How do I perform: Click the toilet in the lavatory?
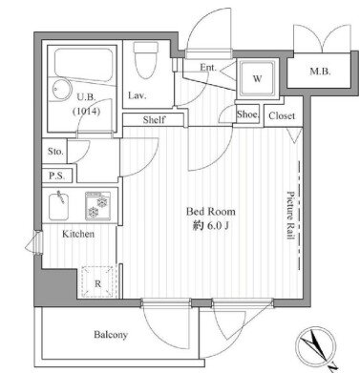coord(146,60)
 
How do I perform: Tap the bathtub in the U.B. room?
coord(83,64)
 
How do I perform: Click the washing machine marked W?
coord(257,78)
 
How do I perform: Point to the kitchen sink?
coord(58,206)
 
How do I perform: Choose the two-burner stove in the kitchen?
coord(98,206)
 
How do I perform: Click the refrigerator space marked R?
coord(97,281)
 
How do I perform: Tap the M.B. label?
coord(320,72)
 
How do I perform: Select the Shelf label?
coord(154,120)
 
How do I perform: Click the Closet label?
coord(282,116)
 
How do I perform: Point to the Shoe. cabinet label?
coord(248,114)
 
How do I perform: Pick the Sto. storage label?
coord(55,152)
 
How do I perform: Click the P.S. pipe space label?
coord(57,176)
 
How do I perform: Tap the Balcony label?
coord(111,335)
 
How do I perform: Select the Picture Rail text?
coord(290,216)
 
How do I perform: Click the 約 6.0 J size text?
coord(211,226)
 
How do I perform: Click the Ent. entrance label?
coord(208,68)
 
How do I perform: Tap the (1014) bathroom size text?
coord(87,112)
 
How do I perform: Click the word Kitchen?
coord(78,234)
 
